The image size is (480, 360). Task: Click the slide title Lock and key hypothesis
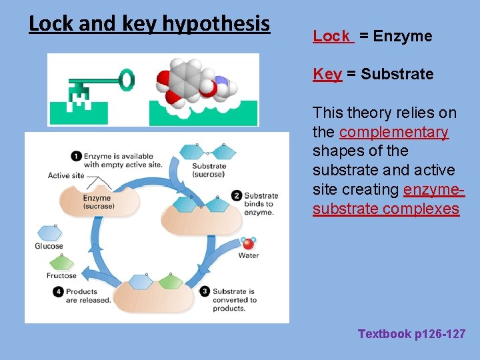pos(149,24)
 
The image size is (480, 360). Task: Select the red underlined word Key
pos(327,74)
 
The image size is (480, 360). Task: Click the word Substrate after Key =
pos(397,74)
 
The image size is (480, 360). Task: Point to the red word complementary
pos(393,132)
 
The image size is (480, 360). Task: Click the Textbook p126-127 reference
pos(411,334)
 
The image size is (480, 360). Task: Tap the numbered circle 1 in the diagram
pos(76,156)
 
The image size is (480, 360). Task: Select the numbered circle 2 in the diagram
pos(237,195)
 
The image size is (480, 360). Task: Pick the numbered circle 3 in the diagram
pos(205,291)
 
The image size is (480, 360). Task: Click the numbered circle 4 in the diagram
pos(59,291)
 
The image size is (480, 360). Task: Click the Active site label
pos(66,175)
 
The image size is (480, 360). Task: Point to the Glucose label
pos(49,246)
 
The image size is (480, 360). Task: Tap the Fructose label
pos(61,275)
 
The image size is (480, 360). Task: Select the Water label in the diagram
pos(248,255)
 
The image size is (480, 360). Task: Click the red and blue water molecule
pos(248,243)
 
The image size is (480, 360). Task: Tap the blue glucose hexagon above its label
pos(49,233)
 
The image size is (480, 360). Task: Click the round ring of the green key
pos(126,80)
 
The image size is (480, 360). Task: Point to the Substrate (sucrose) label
pos(209,170)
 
